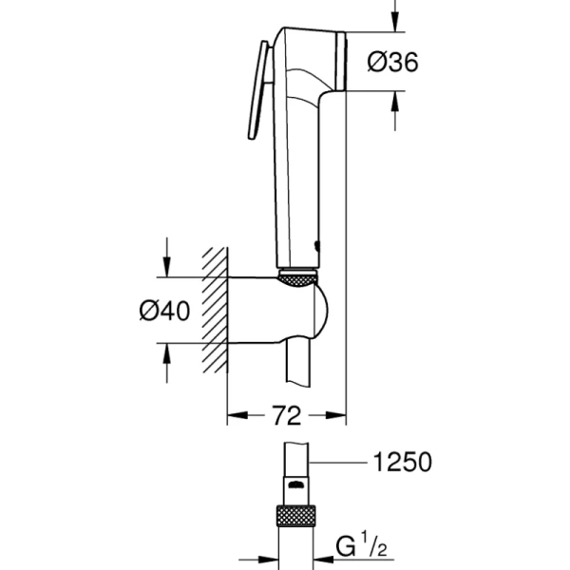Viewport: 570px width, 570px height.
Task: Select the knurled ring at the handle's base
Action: [x=297, y=277]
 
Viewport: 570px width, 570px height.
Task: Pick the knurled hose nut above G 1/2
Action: [x=297, y=516]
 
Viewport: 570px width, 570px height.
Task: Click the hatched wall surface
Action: [x=214, y=309]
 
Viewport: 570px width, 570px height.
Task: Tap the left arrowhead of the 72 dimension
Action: [x=234, y=415]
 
